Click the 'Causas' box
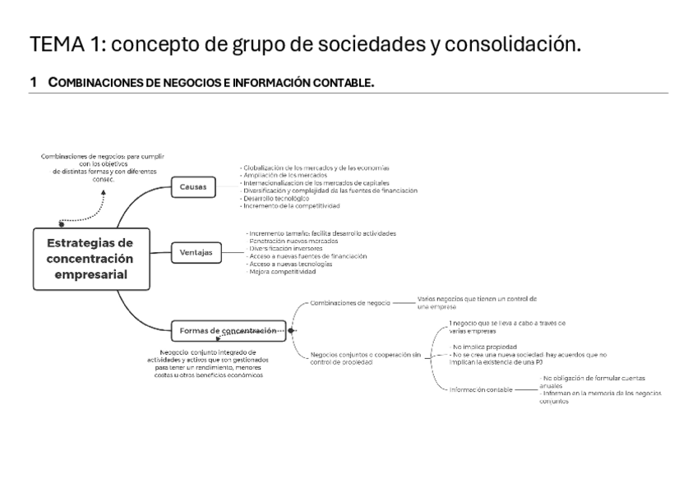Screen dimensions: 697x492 (193, 187)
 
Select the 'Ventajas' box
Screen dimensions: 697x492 (196, 252)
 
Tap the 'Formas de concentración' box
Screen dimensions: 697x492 (228, 331)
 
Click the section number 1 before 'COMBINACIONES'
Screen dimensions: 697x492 (34, 83)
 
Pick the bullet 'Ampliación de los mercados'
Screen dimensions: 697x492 (284, 175)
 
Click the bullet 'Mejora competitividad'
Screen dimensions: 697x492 (282, 271)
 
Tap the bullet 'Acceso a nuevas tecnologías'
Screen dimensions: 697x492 (290, 264)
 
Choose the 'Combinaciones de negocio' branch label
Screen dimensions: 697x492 (349, 302)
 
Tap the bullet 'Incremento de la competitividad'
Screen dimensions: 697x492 (292, 205)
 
